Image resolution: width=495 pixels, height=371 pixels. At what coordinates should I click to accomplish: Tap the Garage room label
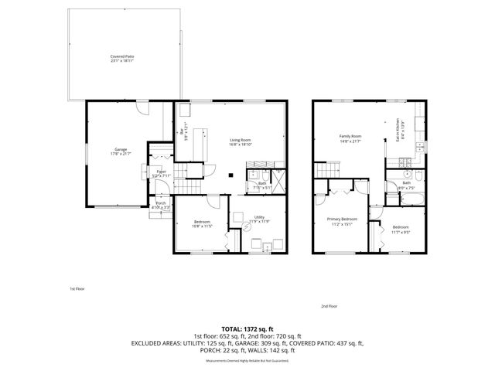tap(121, 148)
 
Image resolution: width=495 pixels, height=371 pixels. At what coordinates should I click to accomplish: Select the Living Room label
tap(241, 139)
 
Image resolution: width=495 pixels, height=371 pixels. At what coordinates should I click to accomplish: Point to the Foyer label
tap(162, 171)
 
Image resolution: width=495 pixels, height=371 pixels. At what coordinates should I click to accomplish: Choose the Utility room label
tap(257, 218)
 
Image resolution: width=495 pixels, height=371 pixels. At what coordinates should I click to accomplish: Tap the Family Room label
tap(350, 137)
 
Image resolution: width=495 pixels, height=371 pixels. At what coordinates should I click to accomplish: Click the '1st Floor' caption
tap(77, 288)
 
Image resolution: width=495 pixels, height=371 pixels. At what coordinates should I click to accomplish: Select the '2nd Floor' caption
tap(329, 306)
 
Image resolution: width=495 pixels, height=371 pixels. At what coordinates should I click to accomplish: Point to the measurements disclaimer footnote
tap(247, 361)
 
